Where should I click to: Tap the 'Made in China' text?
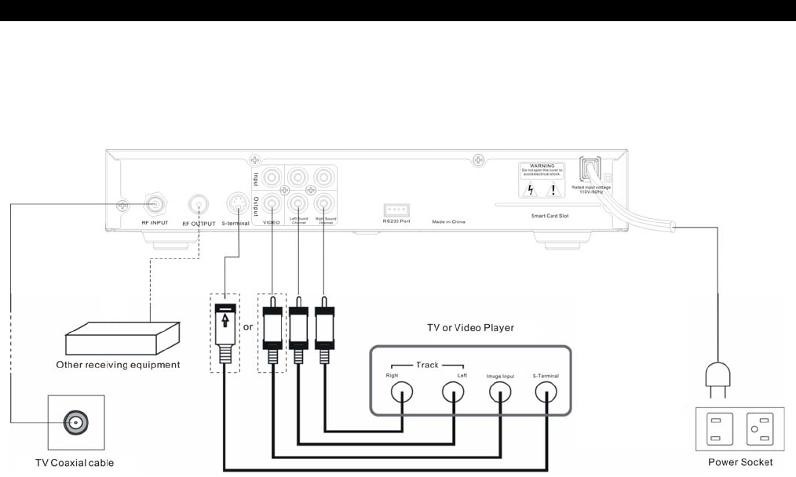click(x=448, y=222)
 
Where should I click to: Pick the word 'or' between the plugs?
click(x=248, y=326)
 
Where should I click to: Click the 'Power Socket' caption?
click(x=740, y=462)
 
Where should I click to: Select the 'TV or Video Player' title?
click(x=470, y=327)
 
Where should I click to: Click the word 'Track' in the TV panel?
click(x=428, y=365)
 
